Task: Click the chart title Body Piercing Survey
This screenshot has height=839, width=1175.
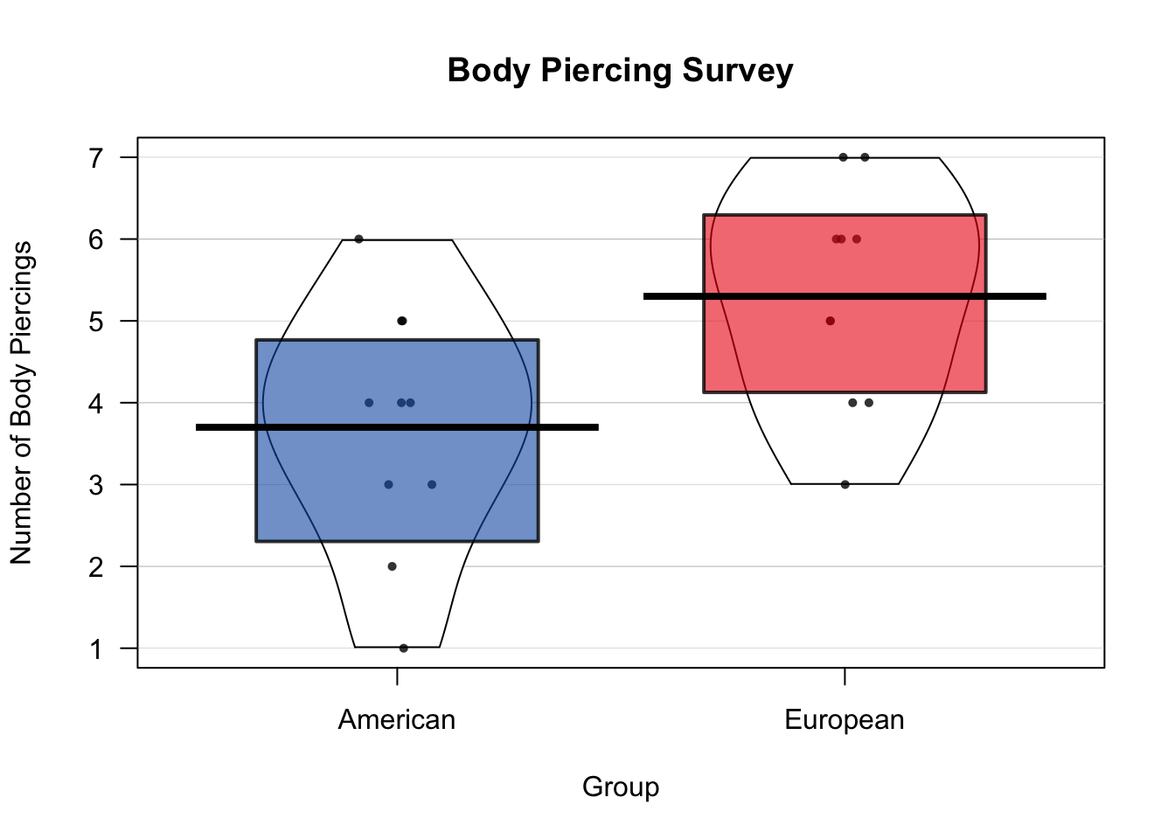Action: pos(620,71)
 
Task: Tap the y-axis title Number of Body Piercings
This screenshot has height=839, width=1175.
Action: pos(21,403)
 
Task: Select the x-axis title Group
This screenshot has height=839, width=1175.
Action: pos(620,787)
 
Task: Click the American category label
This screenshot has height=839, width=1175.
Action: pos(397,720)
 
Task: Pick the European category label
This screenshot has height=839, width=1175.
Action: pos(844,720)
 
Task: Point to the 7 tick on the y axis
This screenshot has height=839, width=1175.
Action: pos(96,157)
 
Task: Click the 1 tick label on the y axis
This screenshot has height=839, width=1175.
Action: pos(96,648)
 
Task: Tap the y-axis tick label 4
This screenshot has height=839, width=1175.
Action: pos(96,403)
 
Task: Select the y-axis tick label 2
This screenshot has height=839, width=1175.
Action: pos(96,566)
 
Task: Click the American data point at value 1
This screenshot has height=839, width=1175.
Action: pos(403,648)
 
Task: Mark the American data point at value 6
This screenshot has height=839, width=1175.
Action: pos(358,239)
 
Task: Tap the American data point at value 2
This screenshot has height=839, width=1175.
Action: pos(392,566)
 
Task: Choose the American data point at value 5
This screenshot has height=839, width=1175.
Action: pos(402,321)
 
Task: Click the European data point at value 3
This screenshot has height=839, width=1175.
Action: pos(845,484)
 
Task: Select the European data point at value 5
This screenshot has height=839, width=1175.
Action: pos(830,321)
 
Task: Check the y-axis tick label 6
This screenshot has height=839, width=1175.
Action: pos(96,239)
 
